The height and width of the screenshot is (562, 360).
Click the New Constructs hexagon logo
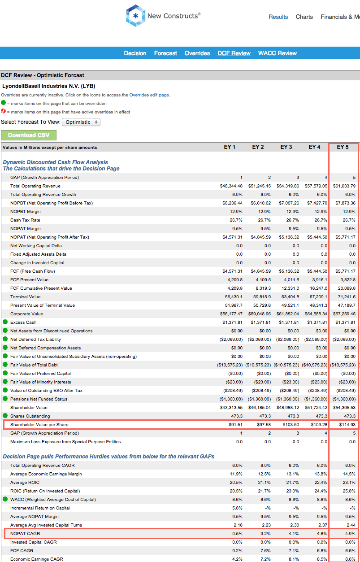click(x=135, y=16)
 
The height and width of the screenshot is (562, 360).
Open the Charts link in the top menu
click(x=304, y=17)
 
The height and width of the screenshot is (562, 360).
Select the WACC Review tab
click(x=277, y=53)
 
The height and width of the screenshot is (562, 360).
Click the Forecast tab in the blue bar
click(x=165, y=53)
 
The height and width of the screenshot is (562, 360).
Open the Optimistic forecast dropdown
click(x=81, y=122)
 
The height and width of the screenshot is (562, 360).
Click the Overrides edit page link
click(x=149, y=95)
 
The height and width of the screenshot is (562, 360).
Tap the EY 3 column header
click(x=286, y=147)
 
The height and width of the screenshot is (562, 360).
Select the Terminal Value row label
click(x=25, y=297)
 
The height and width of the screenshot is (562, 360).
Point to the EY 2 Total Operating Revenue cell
click(x=259, y=186)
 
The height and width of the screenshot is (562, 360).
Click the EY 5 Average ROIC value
click(x=349, y=483)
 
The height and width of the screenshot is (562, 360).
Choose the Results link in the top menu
click(x=278, y=17)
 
